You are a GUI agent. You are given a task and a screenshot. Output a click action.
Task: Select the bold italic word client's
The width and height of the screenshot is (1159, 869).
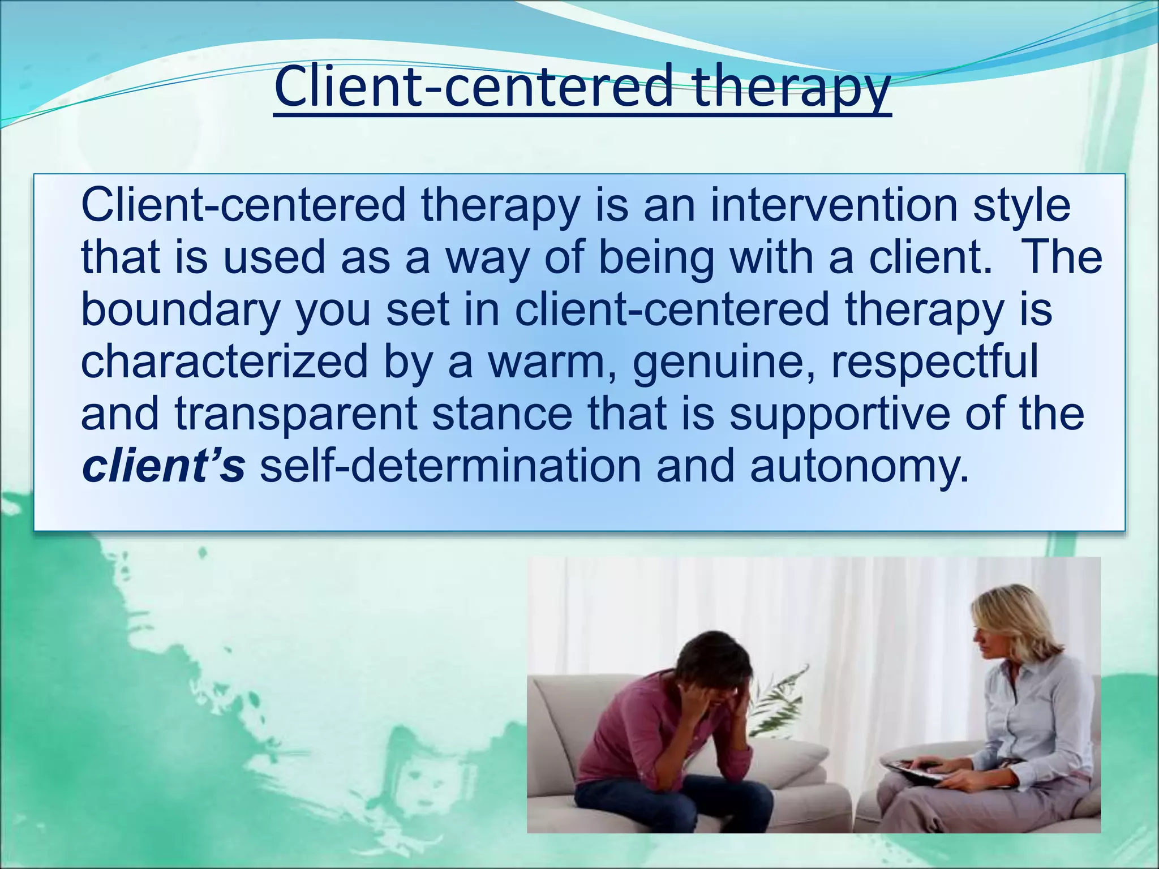pyautogui.click(x=163, y=465)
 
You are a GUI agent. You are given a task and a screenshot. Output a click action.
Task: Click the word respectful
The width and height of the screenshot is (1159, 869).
pyautogui.click(x=934, y=362)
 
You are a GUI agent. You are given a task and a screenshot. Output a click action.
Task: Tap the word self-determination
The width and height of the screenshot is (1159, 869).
pyautogui.click(x=450, y=465)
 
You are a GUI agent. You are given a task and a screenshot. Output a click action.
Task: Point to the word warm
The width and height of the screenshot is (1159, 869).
pyautogui.click(x=552, y=362)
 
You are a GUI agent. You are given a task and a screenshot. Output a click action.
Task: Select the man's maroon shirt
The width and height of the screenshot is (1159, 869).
pyautogui.click(x=628, y=730)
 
